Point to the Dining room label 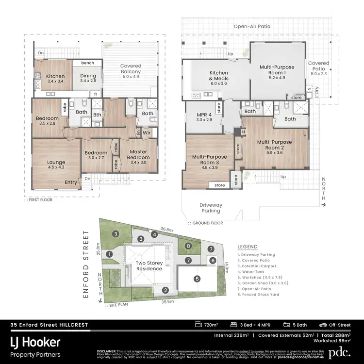click(x=88, y=78)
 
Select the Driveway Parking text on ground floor click(x=211, y=208)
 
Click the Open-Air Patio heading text click(x=251, y=26)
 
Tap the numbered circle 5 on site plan click(x=197, y=279)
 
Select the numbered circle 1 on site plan click(x=110, y=254)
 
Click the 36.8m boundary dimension click(x=167, y=229)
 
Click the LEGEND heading click(x=248, y=247)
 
